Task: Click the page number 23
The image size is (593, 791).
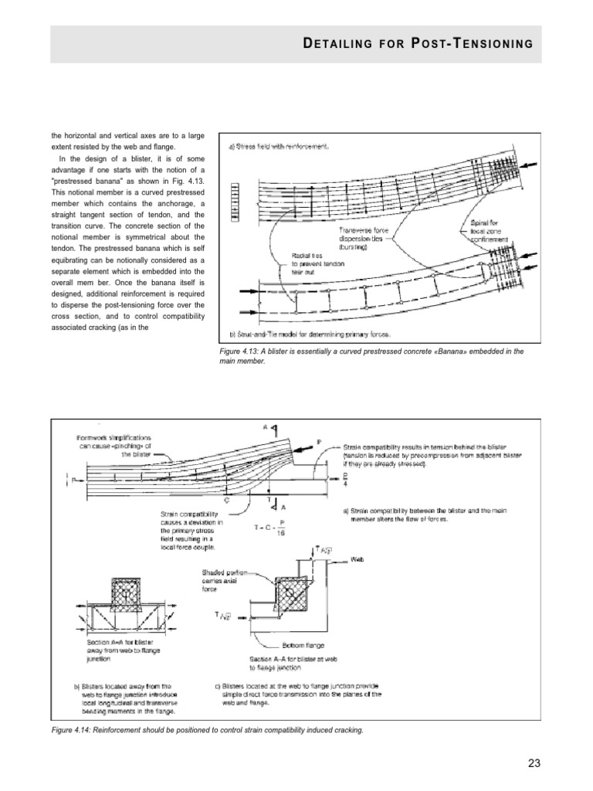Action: click(x=533, y=763)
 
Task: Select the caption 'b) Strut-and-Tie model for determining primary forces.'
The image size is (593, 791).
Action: click(x=310, y=334)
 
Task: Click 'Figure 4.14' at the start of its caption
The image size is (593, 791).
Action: click(x=74, y=730)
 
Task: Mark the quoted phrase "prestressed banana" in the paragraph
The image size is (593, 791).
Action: click(x=89, y=174)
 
